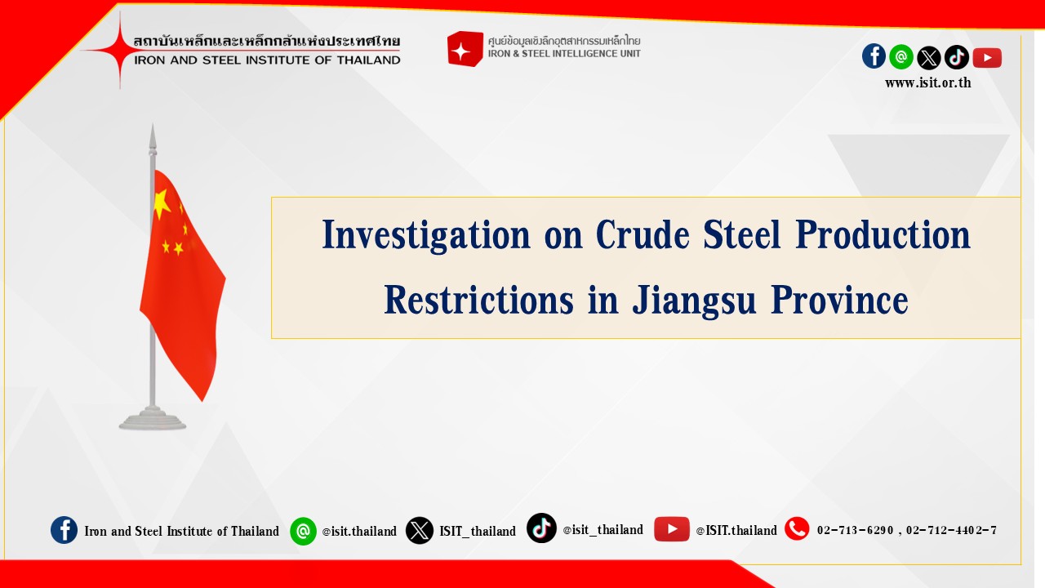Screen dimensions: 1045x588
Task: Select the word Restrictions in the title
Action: coord(478,300)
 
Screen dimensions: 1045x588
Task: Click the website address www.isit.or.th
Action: coord(928,83)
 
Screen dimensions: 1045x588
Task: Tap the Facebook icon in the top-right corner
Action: coord(874,56)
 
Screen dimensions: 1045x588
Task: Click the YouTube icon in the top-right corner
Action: coord(987,58)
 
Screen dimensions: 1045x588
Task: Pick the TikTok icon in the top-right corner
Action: coord(956,57)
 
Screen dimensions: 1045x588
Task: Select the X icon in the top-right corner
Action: coord(929,58)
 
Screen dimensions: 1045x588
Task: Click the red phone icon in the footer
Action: coord(797,529)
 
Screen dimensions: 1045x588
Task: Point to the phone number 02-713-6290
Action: coord(855,531)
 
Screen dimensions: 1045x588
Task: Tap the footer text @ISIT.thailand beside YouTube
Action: coord(736,531)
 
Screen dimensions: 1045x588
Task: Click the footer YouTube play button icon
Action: coord(672,529)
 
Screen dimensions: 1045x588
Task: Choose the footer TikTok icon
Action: coord(541,528)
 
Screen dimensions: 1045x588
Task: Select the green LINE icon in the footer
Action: coord(303,531)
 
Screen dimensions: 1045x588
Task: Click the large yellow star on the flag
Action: coord(162,204)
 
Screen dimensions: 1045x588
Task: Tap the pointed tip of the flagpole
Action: coord(153,124)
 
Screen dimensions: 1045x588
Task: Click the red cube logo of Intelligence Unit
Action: coord(465,48)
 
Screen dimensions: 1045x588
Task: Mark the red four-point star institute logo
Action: coord(119,50)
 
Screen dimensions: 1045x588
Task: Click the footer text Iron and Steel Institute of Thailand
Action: coord(181,531)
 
